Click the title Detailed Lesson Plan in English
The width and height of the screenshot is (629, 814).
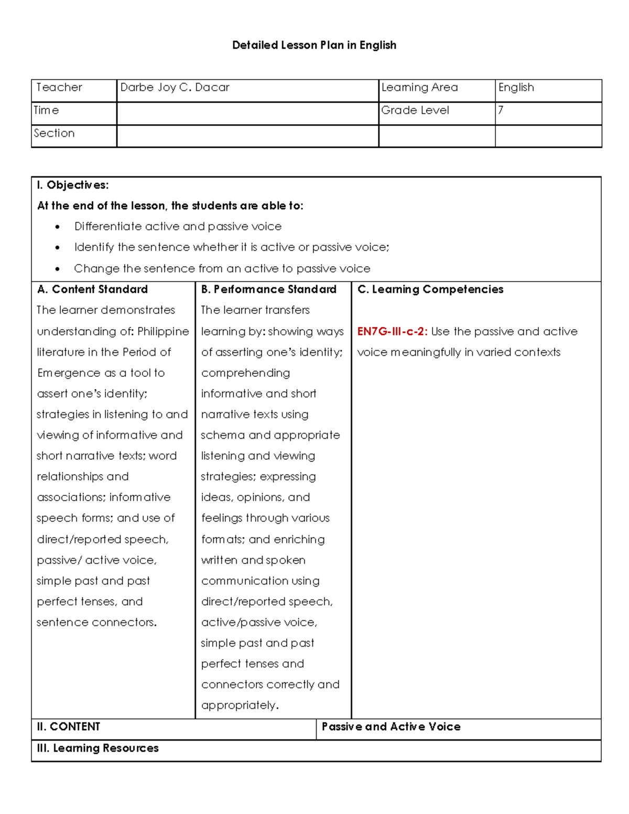314,45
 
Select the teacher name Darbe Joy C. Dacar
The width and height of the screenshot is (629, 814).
175,88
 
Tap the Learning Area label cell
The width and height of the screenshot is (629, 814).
419,88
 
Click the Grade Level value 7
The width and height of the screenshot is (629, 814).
501,110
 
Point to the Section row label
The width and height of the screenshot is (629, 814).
55,133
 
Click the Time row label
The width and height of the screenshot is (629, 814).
46,110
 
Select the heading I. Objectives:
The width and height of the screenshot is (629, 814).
73,185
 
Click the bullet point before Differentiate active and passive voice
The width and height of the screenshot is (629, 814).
58,227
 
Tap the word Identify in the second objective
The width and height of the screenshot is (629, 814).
94,247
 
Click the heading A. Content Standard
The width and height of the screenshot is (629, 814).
93,289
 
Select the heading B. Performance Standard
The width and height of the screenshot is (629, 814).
269,289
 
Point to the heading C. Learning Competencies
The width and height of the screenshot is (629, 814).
430,289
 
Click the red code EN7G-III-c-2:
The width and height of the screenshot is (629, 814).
392,331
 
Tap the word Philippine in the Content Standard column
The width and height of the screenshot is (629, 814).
162,331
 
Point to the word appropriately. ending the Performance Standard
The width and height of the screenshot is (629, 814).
240,705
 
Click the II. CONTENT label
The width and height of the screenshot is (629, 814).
68,726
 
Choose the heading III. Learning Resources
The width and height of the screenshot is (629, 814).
97,748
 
